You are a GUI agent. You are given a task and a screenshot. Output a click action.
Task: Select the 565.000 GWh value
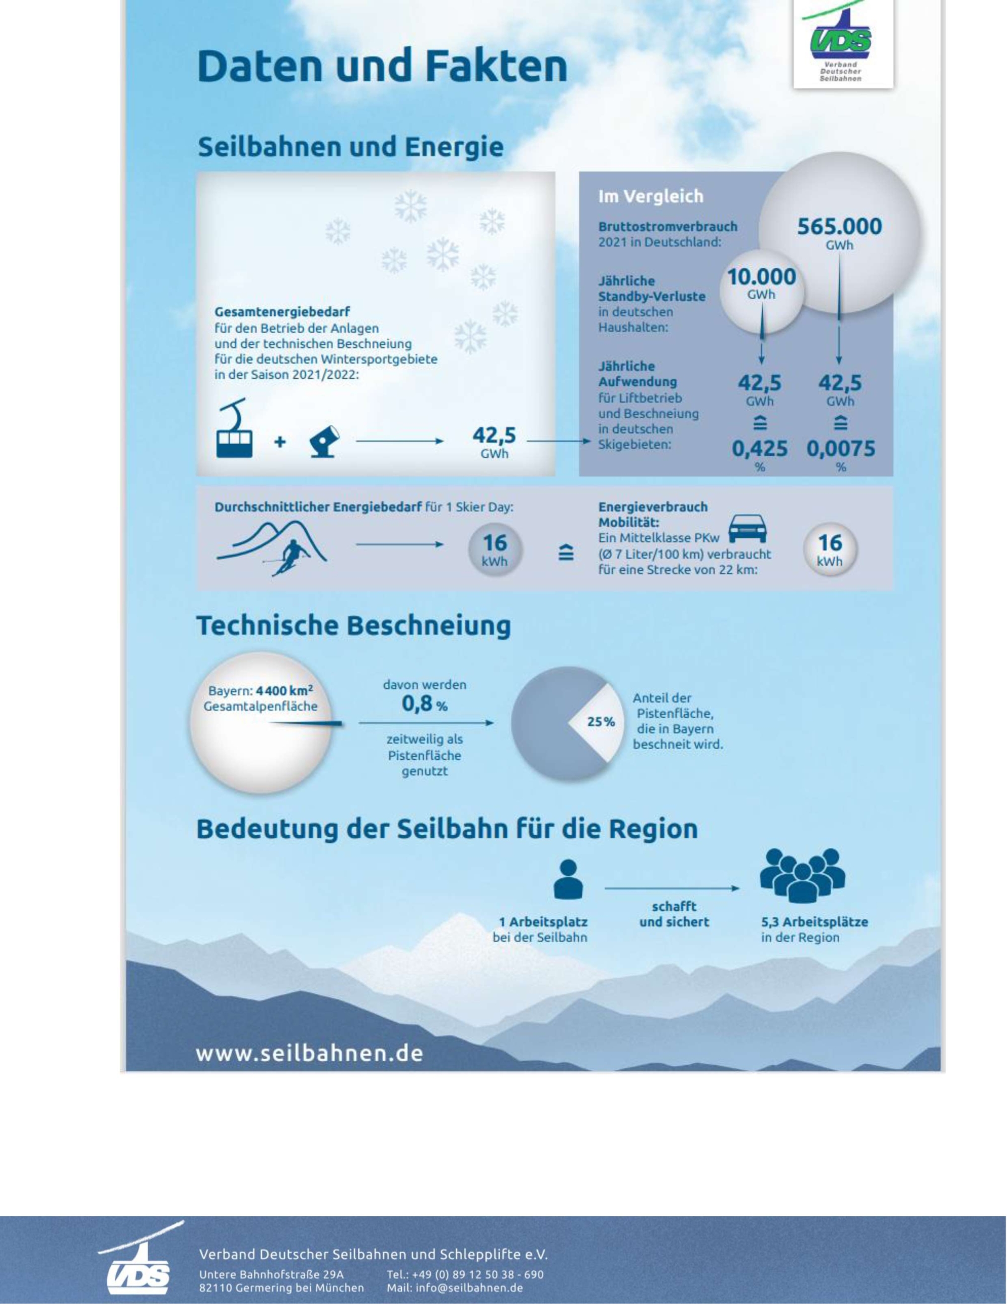coord(839,227)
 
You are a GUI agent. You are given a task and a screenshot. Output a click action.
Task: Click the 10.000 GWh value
coord(761,277)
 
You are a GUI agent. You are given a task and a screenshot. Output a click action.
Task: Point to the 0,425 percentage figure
coord(759,449)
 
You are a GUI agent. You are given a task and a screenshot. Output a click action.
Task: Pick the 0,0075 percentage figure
coord(840,449)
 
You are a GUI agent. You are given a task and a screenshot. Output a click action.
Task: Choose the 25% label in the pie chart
coord(601,722)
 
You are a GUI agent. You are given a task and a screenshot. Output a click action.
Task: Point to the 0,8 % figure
coord(424,704)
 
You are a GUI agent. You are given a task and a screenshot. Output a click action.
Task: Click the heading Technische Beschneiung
coord(353,626)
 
